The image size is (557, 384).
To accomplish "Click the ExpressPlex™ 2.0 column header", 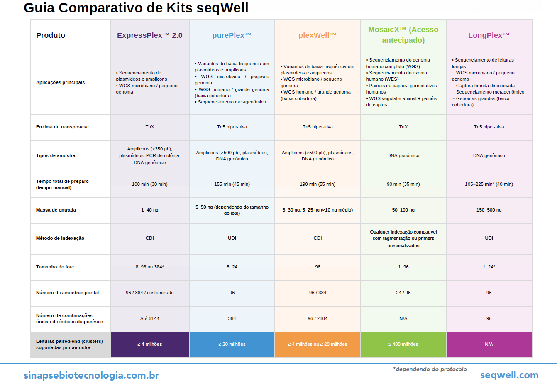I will [x=150, y=35].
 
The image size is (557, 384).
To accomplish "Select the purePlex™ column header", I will [x=232, y=35].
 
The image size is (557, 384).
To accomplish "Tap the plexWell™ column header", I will [x=318, y=35].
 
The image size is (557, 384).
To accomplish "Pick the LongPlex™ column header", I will [x=489, y=35].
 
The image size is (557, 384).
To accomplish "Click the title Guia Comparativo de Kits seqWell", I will [x=136, y=8].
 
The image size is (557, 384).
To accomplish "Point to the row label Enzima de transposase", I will [x=62, y=127].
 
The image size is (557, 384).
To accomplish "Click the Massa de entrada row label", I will [x=56, y=210].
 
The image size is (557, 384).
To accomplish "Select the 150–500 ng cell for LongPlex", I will [x=489, y=210].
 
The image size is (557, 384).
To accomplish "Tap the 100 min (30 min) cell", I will [x=150, y=184].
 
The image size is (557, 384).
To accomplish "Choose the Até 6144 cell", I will [x=150, y=318].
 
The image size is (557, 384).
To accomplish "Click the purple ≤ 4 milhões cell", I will [x=150, y=344].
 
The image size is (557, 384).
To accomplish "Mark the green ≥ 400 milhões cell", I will [x=403, y=344].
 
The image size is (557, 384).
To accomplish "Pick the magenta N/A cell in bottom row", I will [x=489, y=344].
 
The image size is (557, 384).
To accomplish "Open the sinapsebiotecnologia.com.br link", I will [x=91, y=375].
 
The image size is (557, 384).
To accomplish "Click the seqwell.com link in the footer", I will [x=509, y=375].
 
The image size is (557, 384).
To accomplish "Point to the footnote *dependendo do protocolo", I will [x=430, y=369].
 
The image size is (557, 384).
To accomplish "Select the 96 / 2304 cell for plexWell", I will [x=318, y=318].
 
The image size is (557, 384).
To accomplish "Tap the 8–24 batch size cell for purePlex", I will [x=232, y=267].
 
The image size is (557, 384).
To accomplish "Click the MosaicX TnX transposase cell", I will [x=403, y=127].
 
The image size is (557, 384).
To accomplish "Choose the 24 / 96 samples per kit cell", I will [x=403, y=293].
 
